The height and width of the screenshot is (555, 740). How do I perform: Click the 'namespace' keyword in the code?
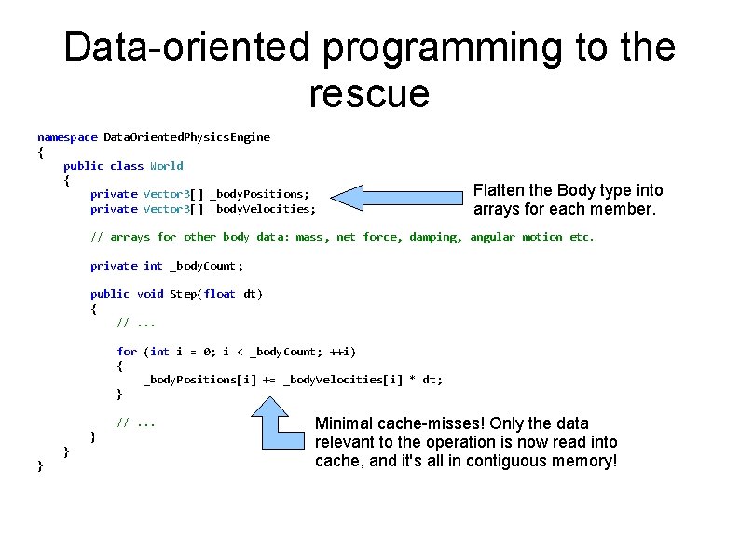pos(67,137)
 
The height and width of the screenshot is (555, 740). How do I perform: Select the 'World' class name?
pos(167,166)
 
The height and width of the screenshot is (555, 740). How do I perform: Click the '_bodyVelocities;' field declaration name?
pos(263,209)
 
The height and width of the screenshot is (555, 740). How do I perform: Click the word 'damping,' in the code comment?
pos(436,237)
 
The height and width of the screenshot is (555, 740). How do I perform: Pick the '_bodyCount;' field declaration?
pos(207,266)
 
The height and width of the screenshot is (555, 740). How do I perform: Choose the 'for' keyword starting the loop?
pos(127,352)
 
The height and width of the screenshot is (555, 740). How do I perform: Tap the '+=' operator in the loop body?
pos(269,380)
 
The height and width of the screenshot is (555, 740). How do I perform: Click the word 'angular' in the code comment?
pos(492,237)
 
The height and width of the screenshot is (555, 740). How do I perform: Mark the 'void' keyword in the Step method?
pos(150,294)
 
